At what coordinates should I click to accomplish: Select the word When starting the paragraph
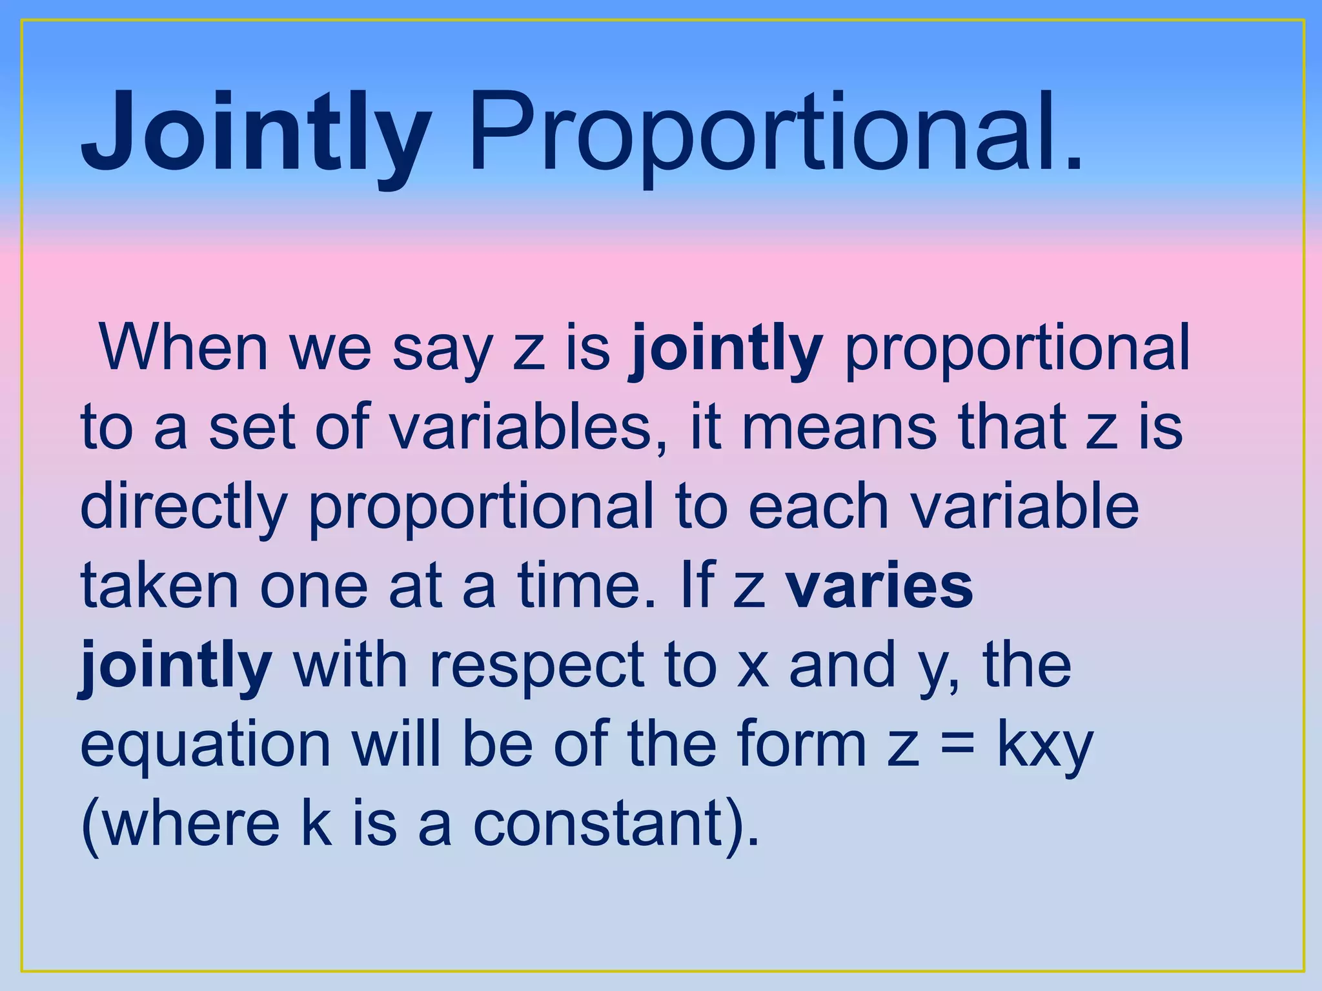[x=183, y=348]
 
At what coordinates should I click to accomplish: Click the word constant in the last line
[x=598, y=826]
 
